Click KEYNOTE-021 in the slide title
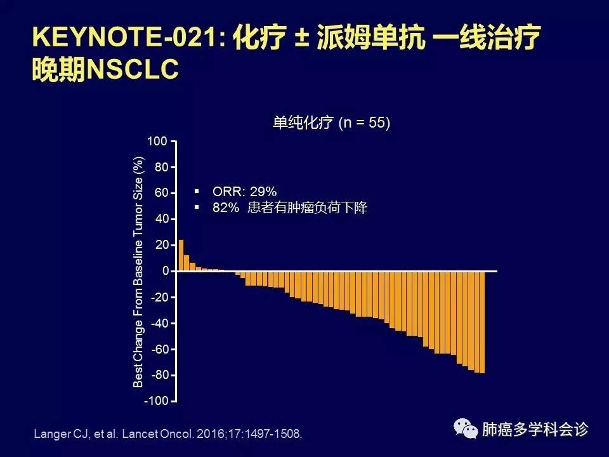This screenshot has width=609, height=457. [127, 39]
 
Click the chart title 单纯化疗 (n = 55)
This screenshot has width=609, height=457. [331, 123]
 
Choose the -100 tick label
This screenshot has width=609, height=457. [155, 401]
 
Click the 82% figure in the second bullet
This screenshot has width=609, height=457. [225, 208]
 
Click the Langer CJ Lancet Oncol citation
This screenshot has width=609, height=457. [167, 435]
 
